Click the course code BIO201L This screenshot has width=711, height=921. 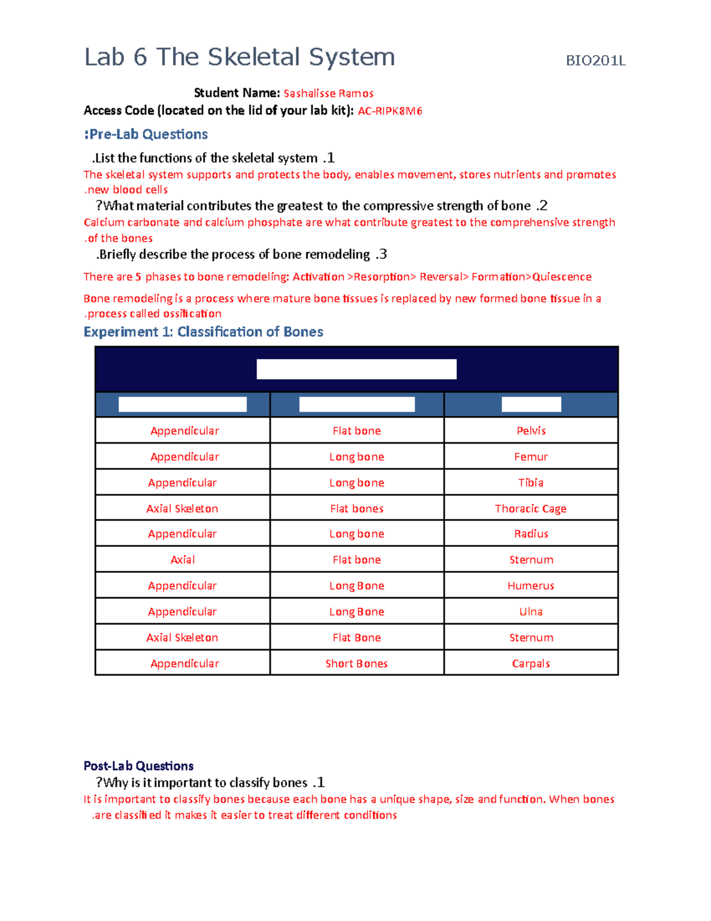(595, 60)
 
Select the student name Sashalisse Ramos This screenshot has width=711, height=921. (328, 93)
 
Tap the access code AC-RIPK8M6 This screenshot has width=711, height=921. (390, 111)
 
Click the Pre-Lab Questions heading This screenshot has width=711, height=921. (146, 135)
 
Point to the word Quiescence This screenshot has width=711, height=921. (562, 277)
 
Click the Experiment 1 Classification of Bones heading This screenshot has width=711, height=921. (203, 332)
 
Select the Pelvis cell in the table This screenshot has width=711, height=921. (531, 431)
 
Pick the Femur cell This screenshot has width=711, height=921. (531, 457)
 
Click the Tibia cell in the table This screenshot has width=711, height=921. (531, 483)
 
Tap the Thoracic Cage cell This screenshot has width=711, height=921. (531, 508)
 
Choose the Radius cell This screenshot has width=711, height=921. (531, 534)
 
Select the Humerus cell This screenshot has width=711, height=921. (531, 586)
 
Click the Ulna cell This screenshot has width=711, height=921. (531, 611)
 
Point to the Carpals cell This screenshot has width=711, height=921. (531, 664)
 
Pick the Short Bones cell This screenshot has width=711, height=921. (357, 664)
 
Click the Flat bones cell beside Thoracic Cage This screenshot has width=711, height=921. (357, 508)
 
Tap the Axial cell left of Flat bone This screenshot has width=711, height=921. (182, 560)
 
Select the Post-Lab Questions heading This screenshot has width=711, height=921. (139, 766)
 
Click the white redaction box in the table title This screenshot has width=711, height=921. (357, 369)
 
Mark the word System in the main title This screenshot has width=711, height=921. (351, 58)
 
